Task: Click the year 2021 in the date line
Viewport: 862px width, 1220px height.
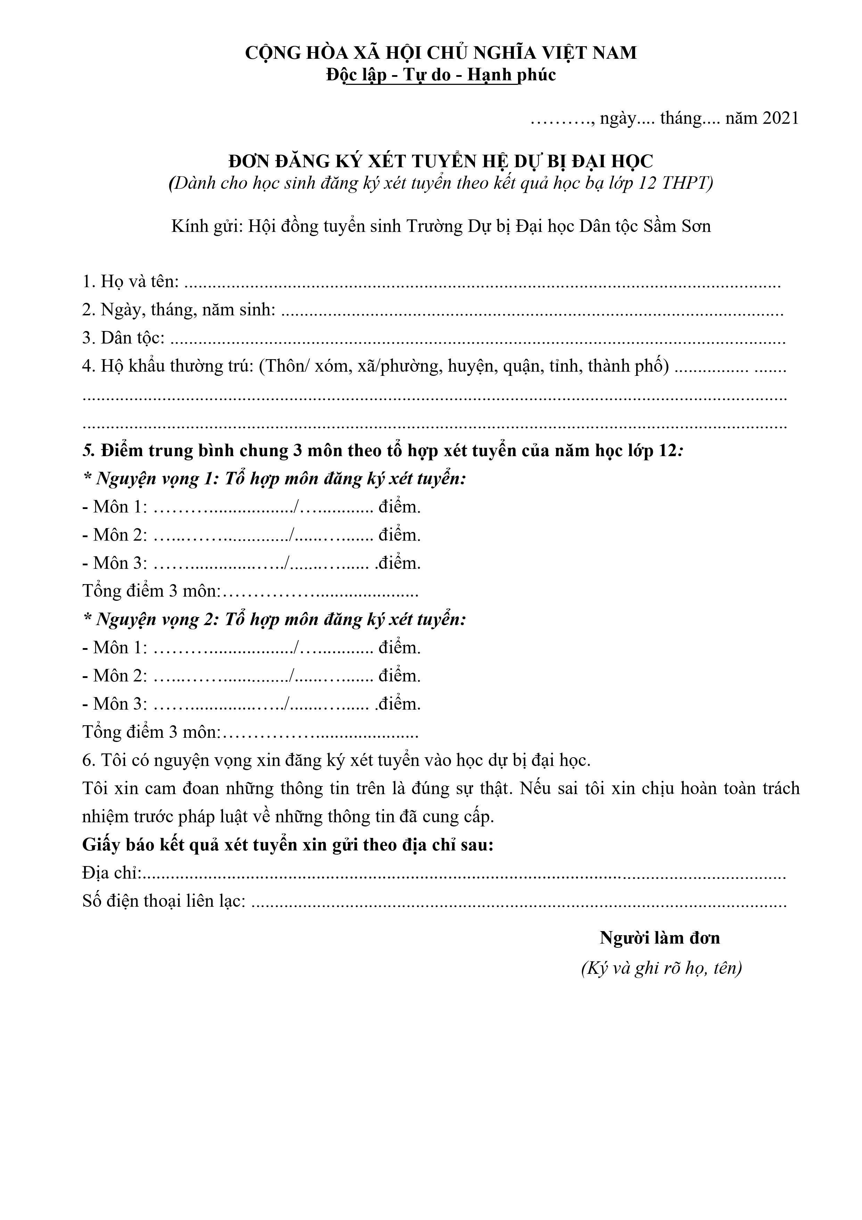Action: point(781,118)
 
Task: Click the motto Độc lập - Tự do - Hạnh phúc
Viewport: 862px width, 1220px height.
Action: point(441,75)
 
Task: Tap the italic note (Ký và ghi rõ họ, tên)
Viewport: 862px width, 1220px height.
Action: point(661,969)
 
